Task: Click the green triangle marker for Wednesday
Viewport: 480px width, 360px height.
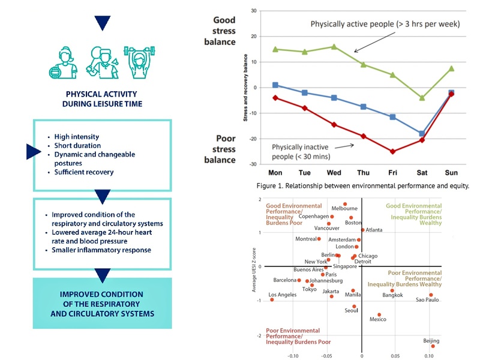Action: click(x=334, y=46)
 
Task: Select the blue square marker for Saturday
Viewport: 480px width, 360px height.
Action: click(x=422, y=134)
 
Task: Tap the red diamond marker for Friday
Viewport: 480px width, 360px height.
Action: click(x=392, y=152)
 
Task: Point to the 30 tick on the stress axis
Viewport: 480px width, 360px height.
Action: click(x=253, y=11)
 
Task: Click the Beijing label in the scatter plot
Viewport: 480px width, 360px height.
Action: click(x=431, y=341)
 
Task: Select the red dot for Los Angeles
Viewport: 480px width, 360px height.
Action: click(x=272, y=299)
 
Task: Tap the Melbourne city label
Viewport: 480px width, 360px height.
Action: click(x=344, y=208)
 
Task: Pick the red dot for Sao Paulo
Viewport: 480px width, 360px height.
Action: click(x=431, y=295)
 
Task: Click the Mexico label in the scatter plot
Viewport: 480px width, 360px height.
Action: click(x=377, y=319)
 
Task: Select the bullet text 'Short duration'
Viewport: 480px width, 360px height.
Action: click(x=77, y=146)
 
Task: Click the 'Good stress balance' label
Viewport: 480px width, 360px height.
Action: click(x=223, y=31)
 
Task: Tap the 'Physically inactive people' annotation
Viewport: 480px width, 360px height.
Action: click(x=300, y=151)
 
